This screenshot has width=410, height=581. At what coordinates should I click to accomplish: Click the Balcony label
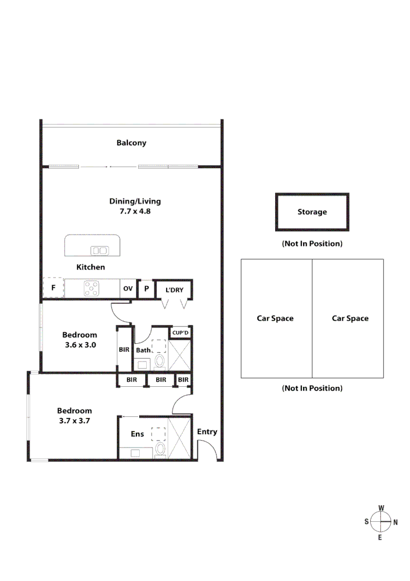(x=131, y=143)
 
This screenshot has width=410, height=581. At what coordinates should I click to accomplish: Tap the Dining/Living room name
(x=135, y=201)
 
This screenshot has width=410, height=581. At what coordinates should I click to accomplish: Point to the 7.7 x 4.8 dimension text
(x=135, y=211)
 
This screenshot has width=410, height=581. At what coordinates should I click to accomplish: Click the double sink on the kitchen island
(x=99, y=250)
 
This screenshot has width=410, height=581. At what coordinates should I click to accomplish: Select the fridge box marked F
(x=53, y=288)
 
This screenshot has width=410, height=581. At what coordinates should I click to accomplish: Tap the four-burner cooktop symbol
(x=91, y=288)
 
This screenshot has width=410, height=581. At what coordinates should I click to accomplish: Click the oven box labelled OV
(x=128, y=288)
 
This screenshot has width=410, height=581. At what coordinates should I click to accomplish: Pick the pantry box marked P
(x=146, y=288)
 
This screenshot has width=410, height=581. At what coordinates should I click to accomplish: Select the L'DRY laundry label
(x=174, y=290)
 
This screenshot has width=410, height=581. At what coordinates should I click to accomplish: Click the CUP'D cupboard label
(x=181, y=332)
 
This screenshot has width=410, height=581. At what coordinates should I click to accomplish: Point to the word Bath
(x=143, y=350)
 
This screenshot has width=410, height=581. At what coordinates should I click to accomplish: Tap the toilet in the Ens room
(x=160, y=451)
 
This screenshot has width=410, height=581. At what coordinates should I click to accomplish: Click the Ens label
(x=137, y=434)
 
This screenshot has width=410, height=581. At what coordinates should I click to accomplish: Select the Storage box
(x=312, y=212)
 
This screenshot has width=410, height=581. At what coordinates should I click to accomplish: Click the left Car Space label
(x=275, y=318)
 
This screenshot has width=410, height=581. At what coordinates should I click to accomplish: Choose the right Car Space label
(x=350, y=318)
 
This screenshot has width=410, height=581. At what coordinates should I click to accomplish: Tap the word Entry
(x=207, y=431)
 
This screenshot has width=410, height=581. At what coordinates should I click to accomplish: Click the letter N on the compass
(x=395, y=522)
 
